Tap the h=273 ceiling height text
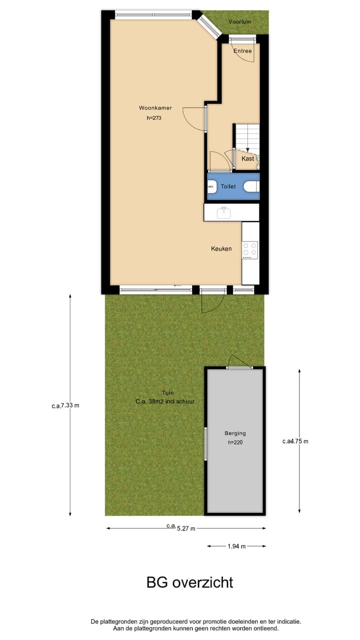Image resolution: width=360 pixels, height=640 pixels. (x=154, y=118)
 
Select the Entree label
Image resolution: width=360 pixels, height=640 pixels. (x=242, y=50)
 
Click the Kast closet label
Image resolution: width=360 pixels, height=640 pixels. (x=247, y=158)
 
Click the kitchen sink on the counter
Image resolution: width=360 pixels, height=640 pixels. (x=223, y=212)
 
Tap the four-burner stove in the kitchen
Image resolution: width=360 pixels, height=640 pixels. (x=249, y=249)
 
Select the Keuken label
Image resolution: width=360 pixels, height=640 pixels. (x=221, y=248)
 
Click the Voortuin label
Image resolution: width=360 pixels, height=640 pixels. (x=239, y=22)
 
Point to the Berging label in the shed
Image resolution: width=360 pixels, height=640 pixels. (x=235, y=433)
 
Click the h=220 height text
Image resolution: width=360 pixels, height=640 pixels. (x=235, y=442)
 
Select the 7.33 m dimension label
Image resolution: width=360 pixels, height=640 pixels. (x=65, y=405)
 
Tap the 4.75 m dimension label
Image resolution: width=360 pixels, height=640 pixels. (x=295, y=441)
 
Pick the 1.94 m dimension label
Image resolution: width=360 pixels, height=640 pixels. (x=236, y=546)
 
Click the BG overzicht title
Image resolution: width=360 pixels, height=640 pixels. (x=189, y=582)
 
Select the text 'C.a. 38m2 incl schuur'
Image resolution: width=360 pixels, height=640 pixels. (x=164, y=401)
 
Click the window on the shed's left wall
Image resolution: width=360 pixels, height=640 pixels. (x=205, y=443)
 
